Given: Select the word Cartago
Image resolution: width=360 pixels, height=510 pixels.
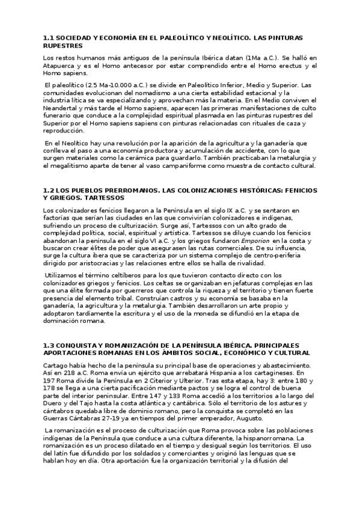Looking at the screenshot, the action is pyautogui.click(x=56, y=365).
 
